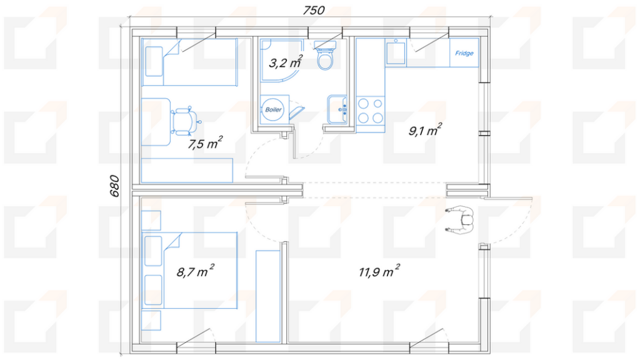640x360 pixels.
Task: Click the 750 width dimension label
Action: point(314,10)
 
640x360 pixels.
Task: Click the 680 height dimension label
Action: point(114,186)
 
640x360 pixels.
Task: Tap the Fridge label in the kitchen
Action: point(464,53)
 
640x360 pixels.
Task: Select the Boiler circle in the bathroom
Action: point(273,109)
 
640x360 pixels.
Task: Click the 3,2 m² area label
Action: point(286,62)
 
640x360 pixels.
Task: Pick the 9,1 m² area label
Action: point(425,130)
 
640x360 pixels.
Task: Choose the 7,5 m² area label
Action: point(205,143)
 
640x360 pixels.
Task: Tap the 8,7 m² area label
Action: point(195,271)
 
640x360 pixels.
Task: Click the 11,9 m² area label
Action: point(379,271)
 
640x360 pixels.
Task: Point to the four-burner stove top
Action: point(371,111)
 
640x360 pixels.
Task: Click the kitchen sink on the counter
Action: point(396,51)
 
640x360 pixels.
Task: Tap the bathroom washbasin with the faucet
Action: point(337,109)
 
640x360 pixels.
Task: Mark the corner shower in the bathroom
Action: point(282,60)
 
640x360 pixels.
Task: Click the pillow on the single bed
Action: point(154,61)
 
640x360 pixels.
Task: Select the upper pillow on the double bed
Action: point(153,251)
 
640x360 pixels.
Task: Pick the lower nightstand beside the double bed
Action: point(151,321)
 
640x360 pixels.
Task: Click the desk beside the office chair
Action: point(156,122)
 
